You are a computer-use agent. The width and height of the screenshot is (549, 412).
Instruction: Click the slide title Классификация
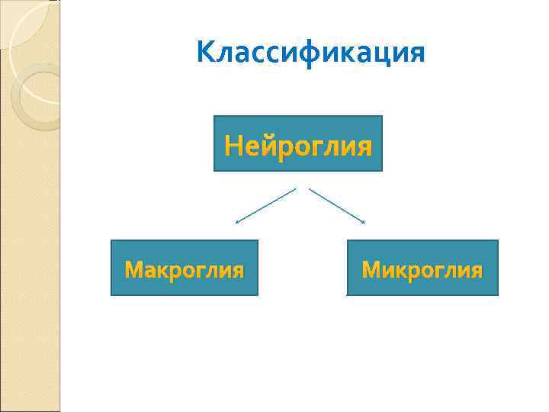pos(310,53)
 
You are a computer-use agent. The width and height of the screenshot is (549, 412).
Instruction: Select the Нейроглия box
pos(297,143)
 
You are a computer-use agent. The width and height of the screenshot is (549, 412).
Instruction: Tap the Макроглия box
pos(185,268)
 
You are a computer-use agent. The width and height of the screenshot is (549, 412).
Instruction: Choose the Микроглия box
pos(422,268)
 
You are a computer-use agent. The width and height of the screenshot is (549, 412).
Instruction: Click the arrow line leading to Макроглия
pos(265,205)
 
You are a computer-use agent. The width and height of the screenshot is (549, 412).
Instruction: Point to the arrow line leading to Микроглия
pos(337,205)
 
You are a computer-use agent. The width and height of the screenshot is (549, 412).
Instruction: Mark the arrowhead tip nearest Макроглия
pos(236,223)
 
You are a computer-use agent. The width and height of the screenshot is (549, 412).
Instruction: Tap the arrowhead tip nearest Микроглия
pos(365,223)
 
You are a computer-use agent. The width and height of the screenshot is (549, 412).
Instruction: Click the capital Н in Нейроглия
pos(233,144)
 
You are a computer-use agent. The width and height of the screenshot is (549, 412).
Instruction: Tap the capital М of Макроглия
pos(133,269)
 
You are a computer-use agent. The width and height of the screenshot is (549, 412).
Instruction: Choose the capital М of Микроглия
pos(371,269)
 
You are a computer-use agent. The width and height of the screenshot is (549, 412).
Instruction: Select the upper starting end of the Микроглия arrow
pos(310,188)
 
